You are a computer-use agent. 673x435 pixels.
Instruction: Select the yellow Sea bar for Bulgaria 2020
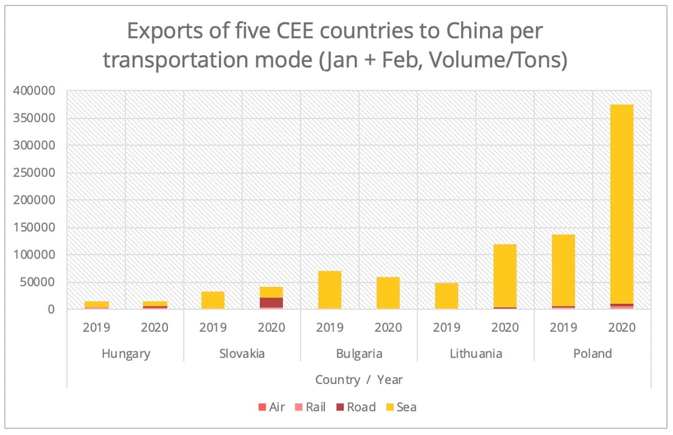pos(388,293)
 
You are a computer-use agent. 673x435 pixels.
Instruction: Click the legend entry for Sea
pos(400,407)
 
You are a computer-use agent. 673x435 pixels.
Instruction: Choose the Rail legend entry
pos(309,407)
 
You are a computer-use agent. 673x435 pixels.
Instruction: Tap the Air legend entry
pos(272,407)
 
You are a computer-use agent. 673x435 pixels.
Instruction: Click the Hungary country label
pos(126,353)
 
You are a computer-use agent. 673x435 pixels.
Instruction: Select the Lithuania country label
pos(476,353)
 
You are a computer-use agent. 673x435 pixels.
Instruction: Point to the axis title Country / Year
pos(359,379)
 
